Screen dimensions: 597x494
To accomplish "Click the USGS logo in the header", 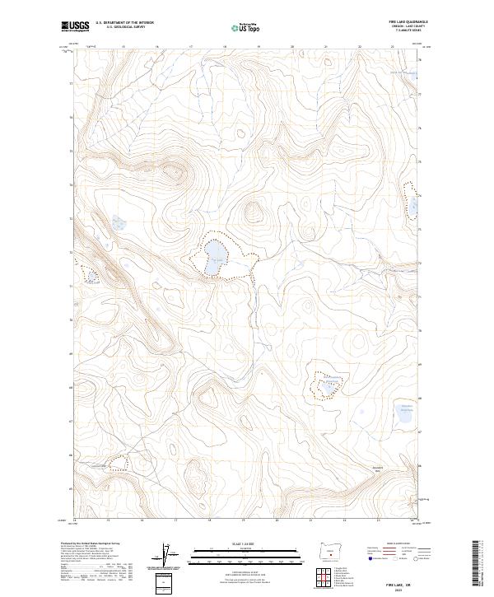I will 75,26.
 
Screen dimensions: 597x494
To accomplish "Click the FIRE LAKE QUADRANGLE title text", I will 407,21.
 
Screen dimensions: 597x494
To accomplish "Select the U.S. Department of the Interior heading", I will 124,22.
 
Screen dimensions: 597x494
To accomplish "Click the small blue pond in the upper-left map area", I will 117,223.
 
